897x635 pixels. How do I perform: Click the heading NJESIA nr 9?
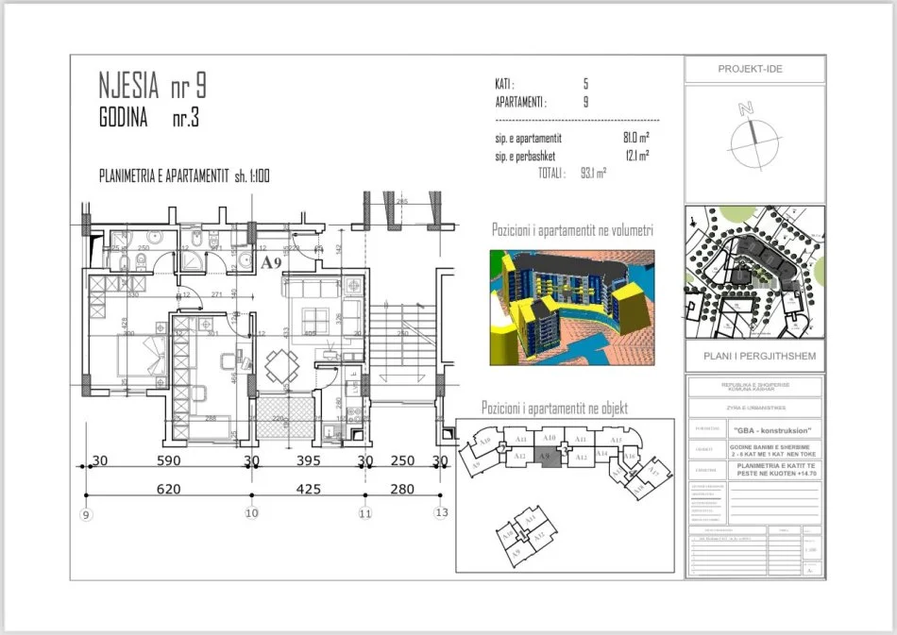coord(152,87)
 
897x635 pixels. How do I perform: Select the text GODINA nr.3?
coord(148,120)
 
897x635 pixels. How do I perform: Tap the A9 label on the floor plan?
coord(272,261)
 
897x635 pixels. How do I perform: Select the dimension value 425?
coord(309,489)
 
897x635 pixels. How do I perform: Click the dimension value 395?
coord(309,461)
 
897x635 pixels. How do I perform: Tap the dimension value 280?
coord(402,489)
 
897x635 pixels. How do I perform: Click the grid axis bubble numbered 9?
coord(86,514)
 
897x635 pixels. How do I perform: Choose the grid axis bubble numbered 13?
coord(440,514)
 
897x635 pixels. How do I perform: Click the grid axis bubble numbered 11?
coord(365,514)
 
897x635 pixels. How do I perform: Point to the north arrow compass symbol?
coord(753,132)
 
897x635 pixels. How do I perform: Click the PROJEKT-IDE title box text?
coord(751,69)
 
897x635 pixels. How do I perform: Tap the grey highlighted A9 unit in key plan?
coord(545,458)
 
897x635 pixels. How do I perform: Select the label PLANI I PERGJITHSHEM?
coord(753,356)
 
